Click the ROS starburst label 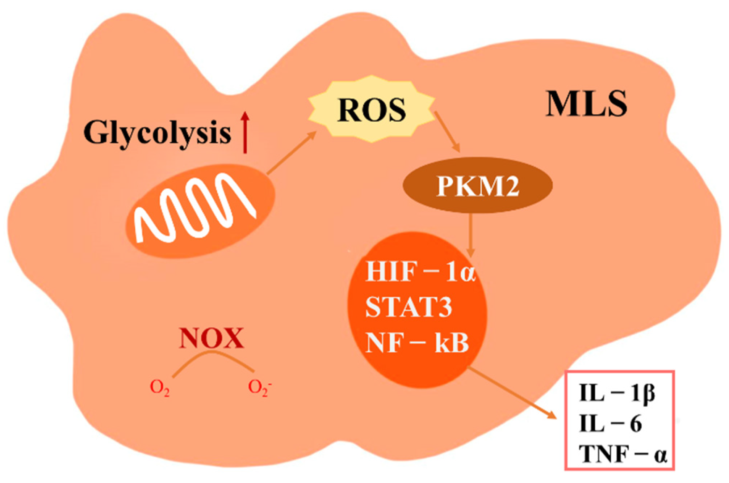click(x=372, y=110)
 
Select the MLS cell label click(x=586, y=104)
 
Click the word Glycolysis click(x=158, y=133)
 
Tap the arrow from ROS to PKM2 click(x=448, y=132)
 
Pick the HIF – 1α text click(x=419, y=272)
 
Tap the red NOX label click(x=211, y=339)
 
